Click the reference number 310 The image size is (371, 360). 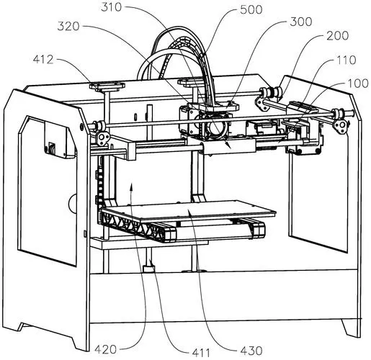(x=111, y=7)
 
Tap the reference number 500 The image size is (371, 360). (x=251, y=10)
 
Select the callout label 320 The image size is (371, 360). (x=68, y=27)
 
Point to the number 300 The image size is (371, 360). (x=301, y=22)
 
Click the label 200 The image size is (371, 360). (x=337, y=36)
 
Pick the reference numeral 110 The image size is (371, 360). (x=347, y=60)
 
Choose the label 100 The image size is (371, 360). (x=358, y=84)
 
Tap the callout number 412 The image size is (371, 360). (x=43, y=60)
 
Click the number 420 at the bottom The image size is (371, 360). (x=105, y=349)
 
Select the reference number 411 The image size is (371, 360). (x=201, y=353)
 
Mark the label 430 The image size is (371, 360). (x=251, y=351)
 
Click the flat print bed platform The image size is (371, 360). (x=189, y=210)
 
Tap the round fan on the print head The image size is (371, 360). (x=217, y=127)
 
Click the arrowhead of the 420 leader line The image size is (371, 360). (x=131, y=189)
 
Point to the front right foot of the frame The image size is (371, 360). (x=351, y=328)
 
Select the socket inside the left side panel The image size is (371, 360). (x=51, y=147)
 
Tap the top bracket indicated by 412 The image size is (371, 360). (x=107, y=86)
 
